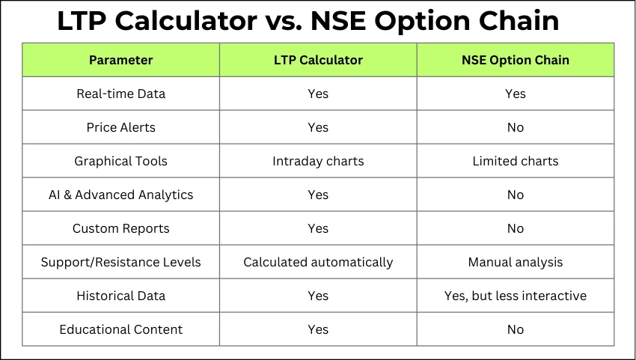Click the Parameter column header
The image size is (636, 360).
click(x=121, y=60)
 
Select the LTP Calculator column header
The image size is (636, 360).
click(x=318, y=60)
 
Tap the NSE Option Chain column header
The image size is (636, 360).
click(x=515, y=60)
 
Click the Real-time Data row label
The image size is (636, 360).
click(x=121, y=94)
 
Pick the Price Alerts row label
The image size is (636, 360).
click(x=121, y=127)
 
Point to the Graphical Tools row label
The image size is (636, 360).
click(x=121, y=161)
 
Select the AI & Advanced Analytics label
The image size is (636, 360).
click(x=121, y=195)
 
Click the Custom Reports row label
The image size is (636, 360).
click(x=121, y=228)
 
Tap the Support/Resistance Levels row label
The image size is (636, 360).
click(x=121, y=262)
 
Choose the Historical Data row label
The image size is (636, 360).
click(x=121, y=296)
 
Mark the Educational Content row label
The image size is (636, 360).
click(x=121, y=329)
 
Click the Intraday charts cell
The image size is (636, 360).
click(x=318, y=161)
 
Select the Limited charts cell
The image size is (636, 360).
click(x=515, y=161)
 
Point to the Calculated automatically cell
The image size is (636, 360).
click(x=318, y=262)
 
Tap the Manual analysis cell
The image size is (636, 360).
click(x=515, y=262)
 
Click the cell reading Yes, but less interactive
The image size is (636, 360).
click(x=515, y=296)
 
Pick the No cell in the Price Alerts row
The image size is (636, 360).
click(x=515, y=127)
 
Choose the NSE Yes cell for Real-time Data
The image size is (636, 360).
click(x=515, y=94)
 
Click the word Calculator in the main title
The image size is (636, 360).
click(x=186, y=20)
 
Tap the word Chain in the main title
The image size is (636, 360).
click(x=519, y=20)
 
